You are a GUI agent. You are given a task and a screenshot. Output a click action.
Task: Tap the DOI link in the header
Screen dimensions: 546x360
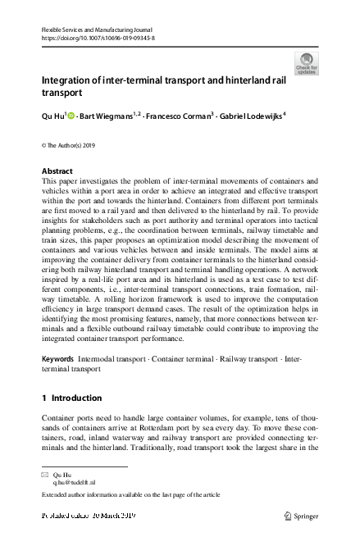tap(98, 38)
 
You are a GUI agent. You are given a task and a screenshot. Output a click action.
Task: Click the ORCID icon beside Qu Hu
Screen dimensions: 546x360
tap(71, 117)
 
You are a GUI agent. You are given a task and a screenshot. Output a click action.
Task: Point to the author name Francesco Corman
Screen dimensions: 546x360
tap(176, 117)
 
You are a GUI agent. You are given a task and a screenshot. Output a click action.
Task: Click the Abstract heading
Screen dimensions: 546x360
tap(57, 171)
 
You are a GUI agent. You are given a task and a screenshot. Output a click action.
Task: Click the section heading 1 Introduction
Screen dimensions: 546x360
tap(71, 398)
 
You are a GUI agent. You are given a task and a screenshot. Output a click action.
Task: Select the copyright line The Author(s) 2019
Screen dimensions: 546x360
tap(72, 146)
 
